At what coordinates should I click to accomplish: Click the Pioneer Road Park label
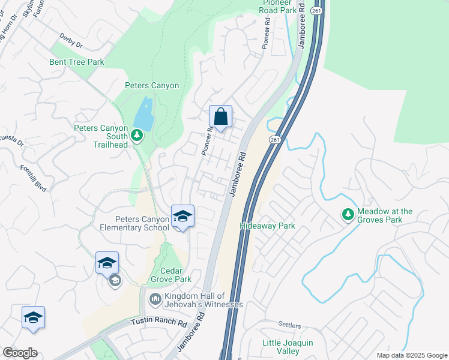click(x=278, y=7)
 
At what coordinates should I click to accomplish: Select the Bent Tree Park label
click(x=77, y=62)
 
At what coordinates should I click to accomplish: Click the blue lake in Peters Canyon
click(x=143, y=112)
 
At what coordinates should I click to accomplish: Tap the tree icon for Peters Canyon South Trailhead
click(x=137, y=135)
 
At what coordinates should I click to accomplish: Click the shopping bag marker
click(x=220, y=116)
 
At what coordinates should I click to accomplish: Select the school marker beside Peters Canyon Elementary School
click(x=182, y=217)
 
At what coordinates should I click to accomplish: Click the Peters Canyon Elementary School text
click(x=134, y=223)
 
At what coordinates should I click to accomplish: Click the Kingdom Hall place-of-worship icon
click(x=155, y=298)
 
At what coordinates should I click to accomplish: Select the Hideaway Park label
click(x=267, y=226)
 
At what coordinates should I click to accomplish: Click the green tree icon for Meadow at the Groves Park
click(x=348, y=214)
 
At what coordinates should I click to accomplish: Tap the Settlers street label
click(x=289, y=325)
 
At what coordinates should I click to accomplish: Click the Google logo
click(x=20, y=352)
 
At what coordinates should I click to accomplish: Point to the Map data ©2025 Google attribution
click(x=412, y=355)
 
